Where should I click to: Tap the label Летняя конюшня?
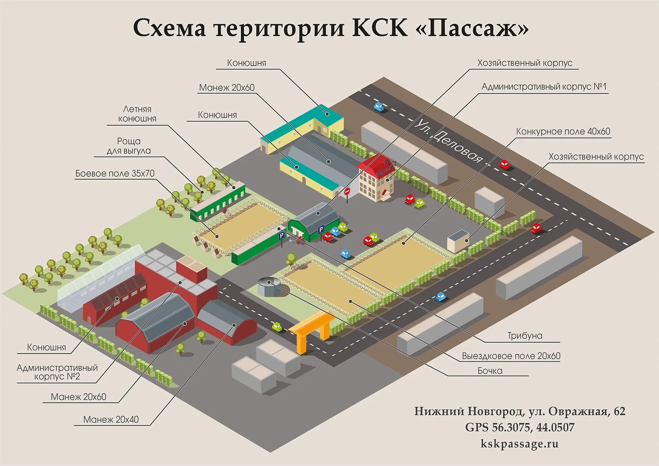pos(137,114)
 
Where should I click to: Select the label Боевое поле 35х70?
pos(115,173)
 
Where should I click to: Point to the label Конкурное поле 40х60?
pos(563,131)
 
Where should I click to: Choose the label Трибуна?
pos(525,336)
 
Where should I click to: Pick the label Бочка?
pos(490,371)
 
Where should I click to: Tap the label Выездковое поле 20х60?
pos(511,356)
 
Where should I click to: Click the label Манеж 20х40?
pos(111,419)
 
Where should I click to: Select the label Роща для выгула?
pos(129,146)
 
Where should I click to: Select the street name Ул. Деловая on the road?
pos(448,141)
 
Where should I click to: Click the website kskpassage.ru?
pos(519,444)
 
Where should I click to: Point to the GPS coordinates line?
pos(519,427)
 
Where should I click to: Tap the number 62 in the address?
pos(619,411)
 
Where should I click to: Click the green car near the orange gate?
pos(277,327)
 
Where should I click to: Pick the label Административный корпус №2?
pos(57,372)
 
